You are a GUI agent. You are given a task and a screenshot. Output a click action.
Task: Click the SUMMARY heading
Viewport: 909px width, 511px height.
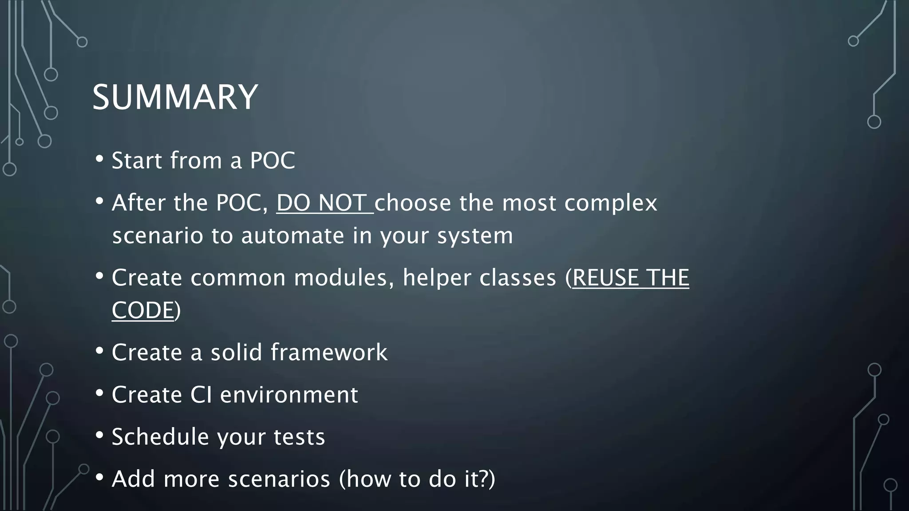[175, 97]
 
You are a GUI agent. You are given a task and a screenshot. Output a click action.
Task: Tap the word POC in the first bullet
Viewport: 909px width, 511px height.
[272, 160]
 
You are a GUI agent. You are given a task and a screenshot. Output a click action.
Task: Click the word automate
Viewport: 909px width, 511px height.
[293, 236]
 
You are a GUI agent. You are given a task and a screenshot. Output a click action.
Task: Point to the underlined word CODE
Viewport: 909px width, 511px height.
[142, 310]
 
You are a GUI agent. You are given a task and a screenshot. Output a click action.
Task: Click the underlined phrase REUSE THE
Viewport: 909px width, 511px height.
[631, 278]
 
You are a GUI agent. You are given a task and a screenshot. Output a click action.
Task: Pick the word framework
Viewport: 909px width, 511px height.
[329, 352]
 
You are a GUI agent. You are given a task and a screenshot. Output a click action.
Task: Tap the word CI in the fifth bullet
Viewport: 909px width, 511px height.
[201, 394]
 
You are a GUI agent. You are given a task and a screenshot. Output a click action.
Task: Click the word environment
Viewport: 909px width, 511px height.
[289, 394]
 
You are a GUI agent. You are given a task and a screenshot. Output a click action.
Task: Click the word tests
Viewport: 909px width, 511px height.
[299, 437]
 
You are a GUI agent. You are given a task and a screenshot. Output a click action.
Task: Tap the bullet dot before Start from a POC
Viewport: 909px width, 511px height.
[99, 158]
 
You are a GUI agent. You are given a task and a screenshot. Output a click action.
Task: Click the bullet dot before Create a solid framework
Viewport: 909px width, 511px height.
[99, 350]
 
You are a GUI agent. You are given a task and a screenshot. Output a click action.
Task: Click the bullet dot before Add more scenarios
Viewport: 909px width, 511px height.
[99, 477]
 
